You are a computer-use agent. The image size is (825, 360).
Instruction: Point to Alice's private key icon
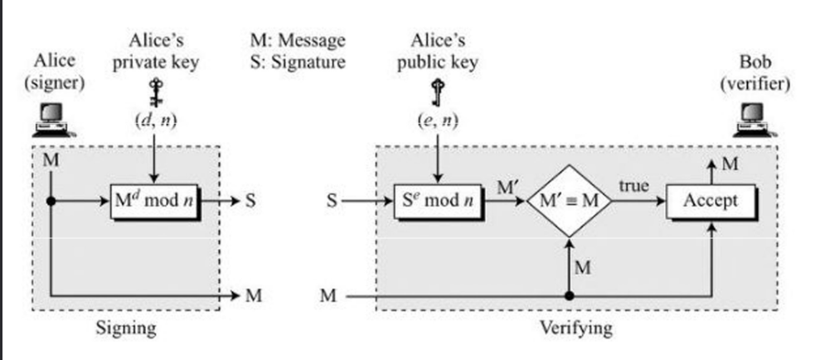(153, 89)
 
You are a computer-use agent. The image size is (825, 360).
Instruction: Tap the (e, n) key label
(438, 122)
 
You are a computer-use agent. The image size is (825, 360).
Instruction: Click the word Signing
(126, 328)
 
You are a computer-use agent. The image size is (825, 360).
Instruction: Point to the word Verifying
(576, 328)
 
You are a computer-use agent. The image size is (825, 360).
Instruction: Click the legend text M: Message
(297, 40)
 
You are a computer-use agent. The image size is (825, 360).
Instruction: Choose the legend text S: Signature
(297, 62)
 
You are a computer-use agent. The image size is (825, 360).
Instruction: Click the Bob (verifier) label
(767, 72)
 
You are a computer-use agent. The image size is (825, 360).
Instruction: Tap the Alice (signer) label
(56, 72)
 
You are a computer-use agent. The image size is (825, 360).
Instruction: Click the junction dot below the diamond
(569, 295)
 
